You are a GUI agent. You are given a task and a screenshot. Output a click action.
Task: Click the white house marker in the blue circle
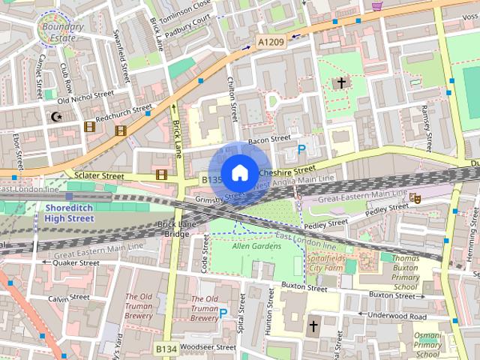pos(239,172)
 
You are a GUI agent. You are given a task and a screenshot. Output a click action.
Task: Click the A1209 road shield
pos(271,43)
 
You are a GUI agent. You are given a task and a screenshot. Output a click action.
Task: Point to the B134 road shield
pos(166,349)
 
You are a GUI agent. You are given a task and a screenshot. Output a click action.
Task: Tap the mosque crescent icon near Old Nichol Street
pos(55,116)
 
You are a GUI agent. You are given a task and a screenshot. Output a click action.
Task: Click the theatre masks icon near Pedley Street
pos(415,198)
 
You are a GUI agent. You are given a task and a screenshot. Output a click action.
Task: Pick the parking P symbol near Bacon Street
pos(301,149)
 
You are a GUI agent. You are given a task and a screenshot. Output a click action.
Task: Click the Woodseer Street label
pos(205,347)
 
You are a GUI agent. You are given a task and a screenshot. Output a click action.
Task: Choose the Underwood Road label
pos(396,316)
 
